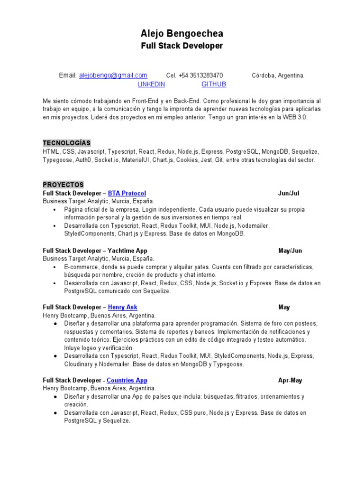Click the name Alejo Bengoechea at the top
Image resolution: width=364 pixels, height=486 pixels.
point(182,34)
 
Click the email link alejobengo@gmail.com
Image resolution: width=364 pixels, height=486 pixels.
point(113,75)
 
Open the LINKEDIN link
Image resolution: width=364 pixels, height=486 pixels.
point(151,84)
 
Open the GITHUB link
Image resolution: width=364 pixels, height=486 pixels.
point(214,84)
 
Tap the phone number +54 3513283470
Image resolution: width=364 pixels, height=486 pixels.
point(201,75)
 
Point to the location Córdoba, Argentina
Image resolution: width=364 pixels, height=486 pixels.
point(278,75)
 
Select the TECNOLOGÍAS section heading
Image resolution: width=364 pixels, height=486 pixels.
point(67,143)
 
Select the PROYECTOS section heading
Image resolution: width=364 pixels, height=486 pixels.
point(63,185)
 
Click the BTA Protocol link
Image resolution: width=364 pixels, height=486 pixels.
point(127,193)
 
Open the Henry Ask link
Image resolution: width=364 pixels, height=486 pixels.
point(123,307)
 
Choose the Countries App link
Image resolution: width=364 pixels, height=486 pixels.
point(127,380)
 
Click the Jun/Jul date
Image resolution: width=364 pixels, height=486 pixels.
point(289,193)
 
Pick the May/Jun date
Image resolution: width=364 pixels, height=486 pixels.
point(290,250)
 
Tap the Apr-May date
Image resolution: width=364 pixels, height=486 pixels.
point(290,380)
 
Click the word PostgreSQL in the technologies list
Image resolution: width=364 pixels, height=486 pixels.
point(243,151)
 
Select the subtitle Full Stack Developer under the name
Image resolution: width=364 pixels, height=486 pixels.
point(182,46)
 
